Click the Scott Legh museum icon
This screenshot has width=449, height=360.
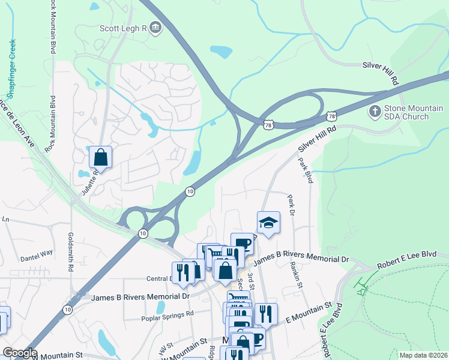tap(155, 28)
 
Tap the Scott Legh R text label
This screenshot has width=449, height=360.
tap(123, 28)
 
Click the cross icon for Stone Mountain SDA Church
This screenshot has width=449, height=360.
tap(375, 111)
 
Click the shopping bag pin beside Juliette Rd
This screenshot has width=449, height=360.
tap(101, 158)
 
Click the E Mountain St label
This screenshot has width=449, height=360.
tap(310, 314)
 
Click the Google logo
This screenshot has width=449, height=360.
tap(19, 353)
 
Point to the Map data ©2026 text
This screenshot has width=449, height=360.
tap(423, 355)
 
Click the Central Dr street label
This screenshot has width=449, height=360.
tap(158, 278)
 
